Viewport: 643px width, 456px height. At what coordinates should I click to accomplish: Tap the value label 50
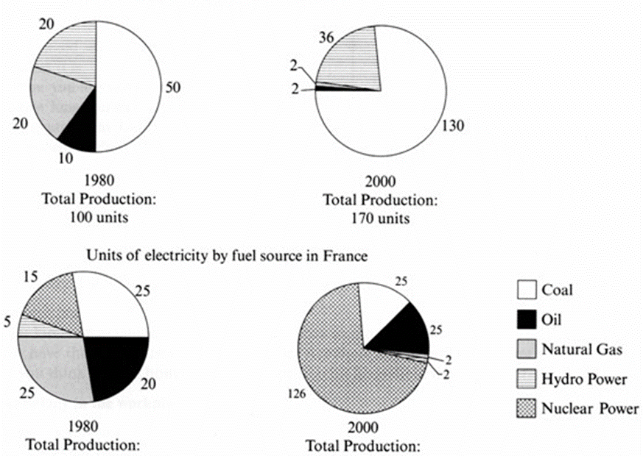pos(173,88)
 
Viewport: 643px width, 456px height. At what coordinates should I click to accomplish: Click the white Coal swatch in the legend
pos(526,290)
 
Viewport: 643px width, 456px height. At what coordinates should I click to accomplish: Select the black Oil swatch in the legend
pos(526,320)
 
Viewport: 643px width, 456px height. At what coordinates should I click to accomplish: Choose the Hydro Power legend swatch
pos(526,380)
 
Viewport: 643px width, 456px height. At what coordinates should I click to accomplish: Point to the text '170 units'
pos(380,218)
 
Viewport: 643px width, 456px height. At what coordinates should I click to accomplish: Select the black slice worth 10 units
pos(80,132)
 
